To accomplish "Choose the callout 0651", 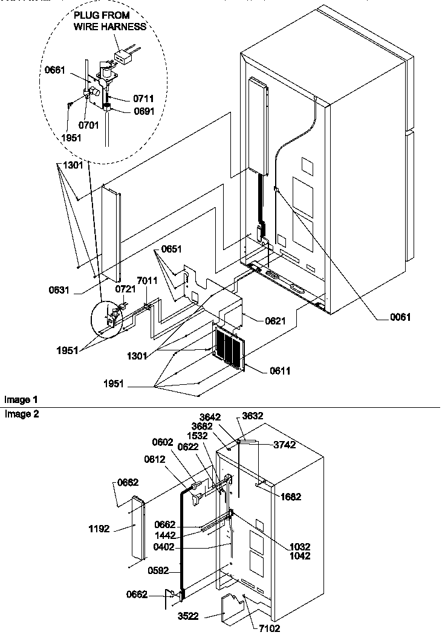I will [x=171, y=248].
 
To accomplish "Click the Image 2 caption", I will [x=21, y=414].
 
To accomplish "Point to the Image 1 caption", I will [x=21, y=400].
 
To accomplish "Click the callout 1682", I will [x=291, y=497].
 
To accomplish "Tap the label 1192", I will [x=99, y=529].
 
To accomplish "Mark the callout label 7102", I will [x=271, y=629].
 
